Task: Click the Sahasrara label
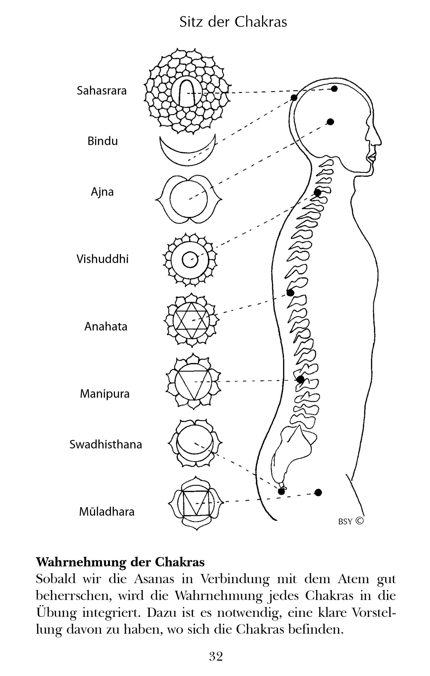coord(102,91)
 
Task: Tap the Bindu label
coord(102,141)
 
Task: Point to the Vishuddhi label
coord(102,259)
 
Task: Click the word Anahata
coord(106,326)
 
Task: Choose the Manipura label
coord(105,393)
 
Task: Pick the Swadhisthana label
coord(106,444)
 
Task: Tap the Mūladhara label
coord(107,512)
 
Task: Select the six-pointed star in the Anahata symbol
coord(192,321)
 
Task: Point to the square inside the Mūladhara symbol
coord(196,503)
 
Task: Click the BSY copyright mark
coord(351,521)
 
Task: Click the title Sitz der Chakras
coord(233,22)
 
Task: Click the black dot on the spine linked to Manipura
coord(300,379)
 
